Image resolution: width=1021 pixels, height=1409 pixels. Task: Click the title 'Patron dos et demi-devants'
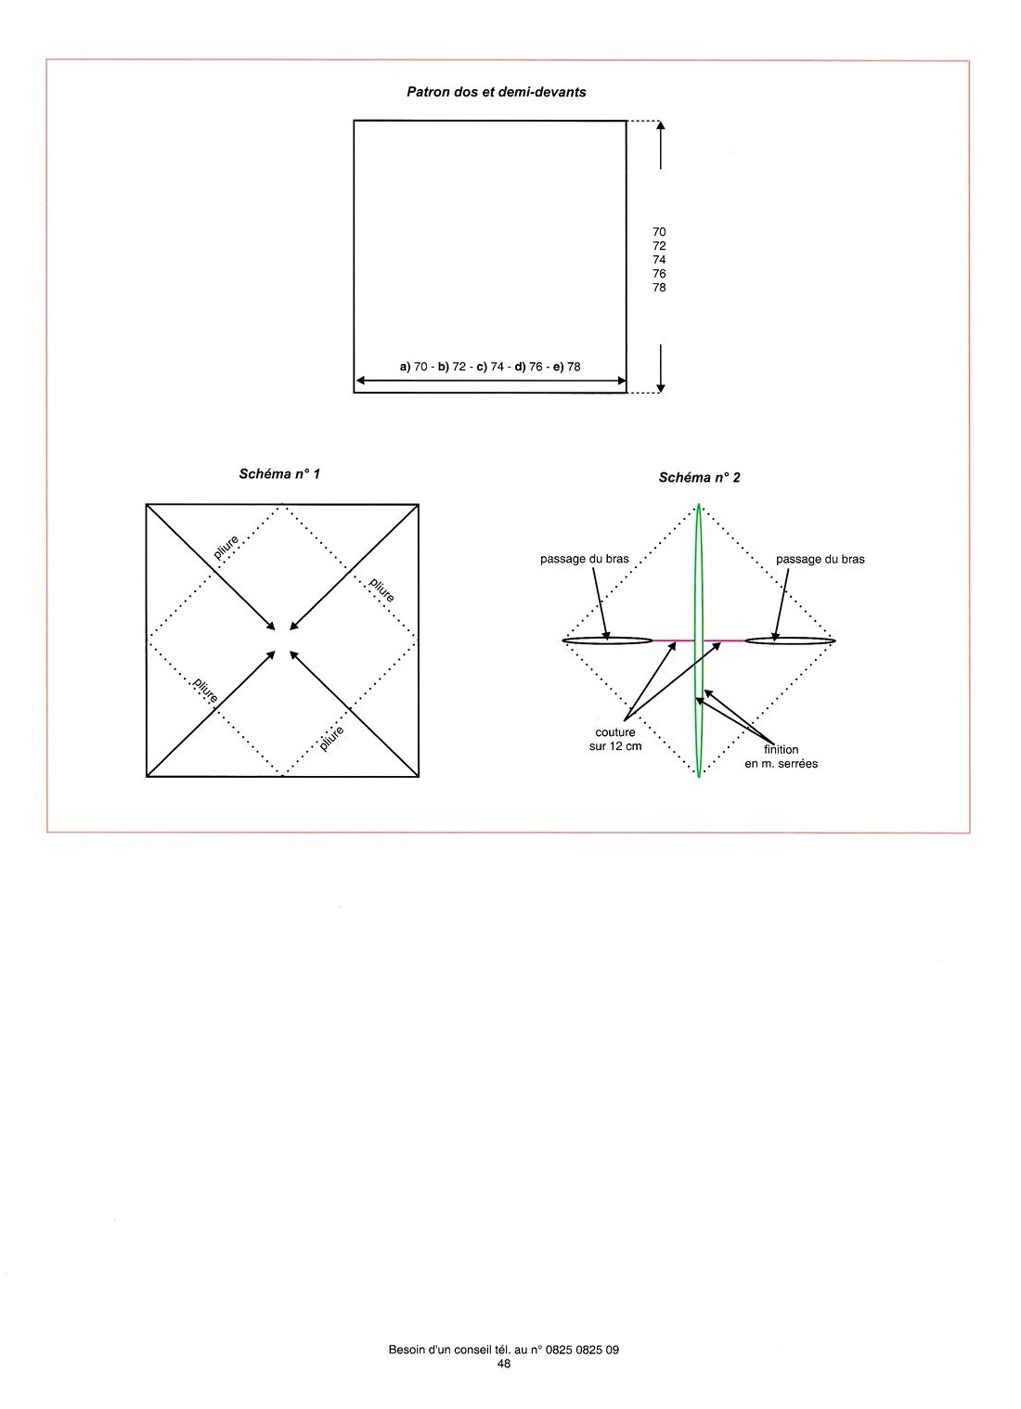click(x=496, y=92)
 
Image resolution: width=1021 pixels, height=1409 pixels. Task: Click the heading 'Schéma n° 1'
click(x=279, y=473)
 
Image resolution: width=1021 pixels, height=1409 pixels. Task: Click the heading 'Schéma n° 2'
click(x=699, y=477)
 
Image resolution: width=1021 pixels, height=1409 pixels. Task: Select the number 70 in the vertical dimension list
click(x=659, y=232)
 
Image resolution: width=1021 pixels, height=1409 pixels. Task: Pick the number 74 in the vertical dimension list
click(x=659, y=260)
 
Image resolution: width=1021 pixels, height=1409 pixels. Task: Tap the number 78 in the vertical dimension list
click(x=659, y=288)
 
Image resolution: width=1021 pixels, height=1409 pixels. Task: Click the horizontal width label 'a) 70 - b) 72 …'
click(x=490, y=366)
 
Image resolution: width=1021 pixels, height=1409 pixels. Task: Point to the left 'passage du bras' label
click(x=585, y=559)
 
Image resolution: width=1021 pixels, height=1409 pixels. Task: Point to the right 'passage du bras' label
click(x=820, y=559)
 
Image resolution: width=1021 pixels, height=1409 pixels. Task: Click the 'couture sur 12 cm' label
click(x=615, y=739)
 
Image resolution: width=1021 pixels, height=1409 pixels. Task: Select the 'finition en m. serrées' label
click(x=781, y=756)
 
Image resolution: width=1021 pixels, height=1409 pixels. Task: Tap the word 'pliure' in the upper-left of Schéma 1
click(x=226, y=547)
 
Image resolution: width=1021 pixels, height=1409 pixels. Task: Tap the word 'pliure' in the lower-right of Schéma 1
click(x=331, y=738)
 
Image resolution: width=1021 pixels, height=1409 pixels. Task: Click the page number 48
click(x=503, y=1364)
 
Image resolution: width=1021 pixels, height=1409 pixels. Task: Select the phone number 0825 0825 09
click(x=582, y=1350)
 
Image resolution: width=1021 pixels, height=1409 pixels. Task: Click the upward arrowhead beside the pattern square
click(x=661, y=125)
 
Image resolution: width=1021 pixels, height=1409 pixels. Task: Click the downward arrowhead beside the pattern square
click(x=661, y=387)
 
